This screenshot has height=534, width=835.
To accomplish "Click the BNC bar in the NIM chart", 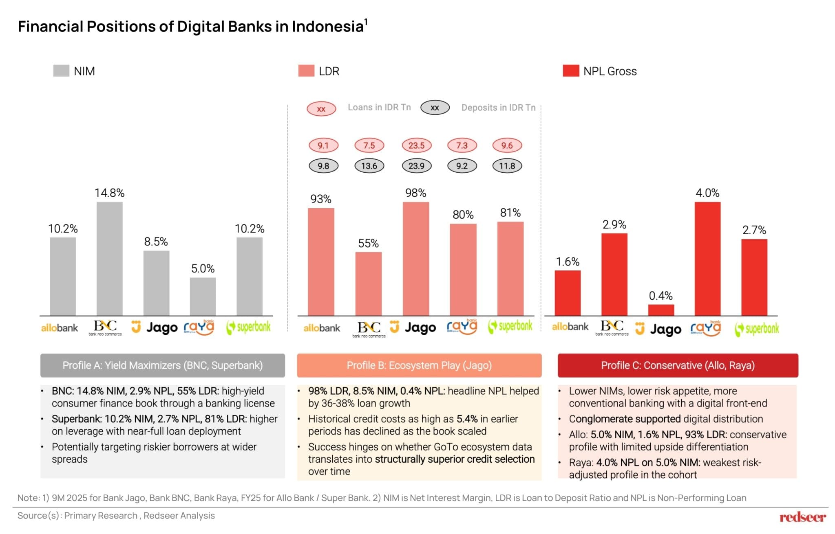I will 109,259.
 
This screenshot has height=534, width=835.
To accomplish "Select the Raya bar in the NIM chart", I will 203,297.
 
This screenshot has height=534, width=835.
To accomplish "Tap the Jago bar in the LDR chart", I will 415,259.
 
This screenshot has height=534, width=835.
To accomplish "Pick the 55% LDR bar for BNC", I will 368,284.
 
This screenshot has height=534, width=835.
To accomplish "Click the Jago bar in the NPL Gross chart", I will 661,310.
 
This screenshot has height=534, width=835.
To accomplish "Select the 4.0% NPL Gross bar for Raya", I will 707,259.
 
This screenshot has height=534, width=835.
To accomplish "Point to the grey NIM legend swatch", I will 61,71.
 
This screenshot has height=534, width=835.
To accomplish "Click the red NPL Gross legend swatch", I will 570,71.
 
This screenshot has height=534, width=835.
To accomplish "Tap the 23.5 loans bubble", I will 416,145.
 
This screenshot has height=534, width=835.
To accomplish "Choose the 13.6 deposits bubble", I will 369,166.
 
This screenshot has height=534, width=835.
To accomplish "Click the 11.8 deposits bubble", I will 507,166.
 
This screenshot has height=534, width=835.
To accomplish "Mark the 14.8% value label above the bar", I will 109,193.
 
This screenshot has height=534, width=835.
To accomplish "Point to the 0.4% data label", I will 660,296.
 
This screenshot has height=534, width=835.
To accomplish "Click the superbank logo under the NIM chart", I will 248,327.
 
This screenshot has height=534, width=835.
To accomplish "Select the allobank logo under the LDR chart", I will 321,328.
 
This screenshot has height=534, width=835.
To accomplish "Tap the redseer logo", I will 802,517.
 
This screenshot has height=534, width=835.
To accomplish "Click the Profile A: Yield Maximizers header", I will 162,365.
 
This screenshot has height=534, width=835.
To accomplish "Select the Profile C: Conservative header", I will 678,365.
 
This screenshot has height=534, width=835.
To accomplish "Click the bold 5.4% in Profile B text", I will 467,419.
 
